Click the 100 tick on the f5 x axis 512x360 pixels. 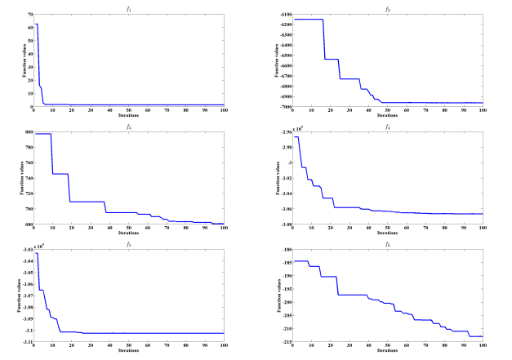224,346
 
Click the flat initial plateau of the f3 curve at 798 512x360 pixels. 42,134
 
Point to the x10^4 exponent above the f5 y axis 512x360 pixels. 39,247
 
